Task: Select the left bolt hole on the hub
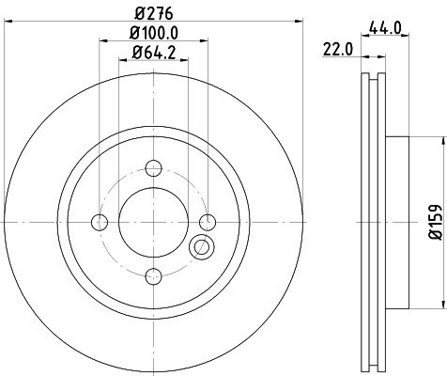tap(100, 222)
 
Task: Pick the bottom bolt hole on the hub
tap(153, 275)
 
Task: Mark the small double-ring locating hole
tap(201, 248)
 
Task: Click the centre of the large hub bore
tap(153, 222)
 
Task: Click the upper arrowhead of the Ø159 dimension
tap(439, 140)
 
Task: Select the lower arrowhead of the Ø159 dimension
tap(439, 306)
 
